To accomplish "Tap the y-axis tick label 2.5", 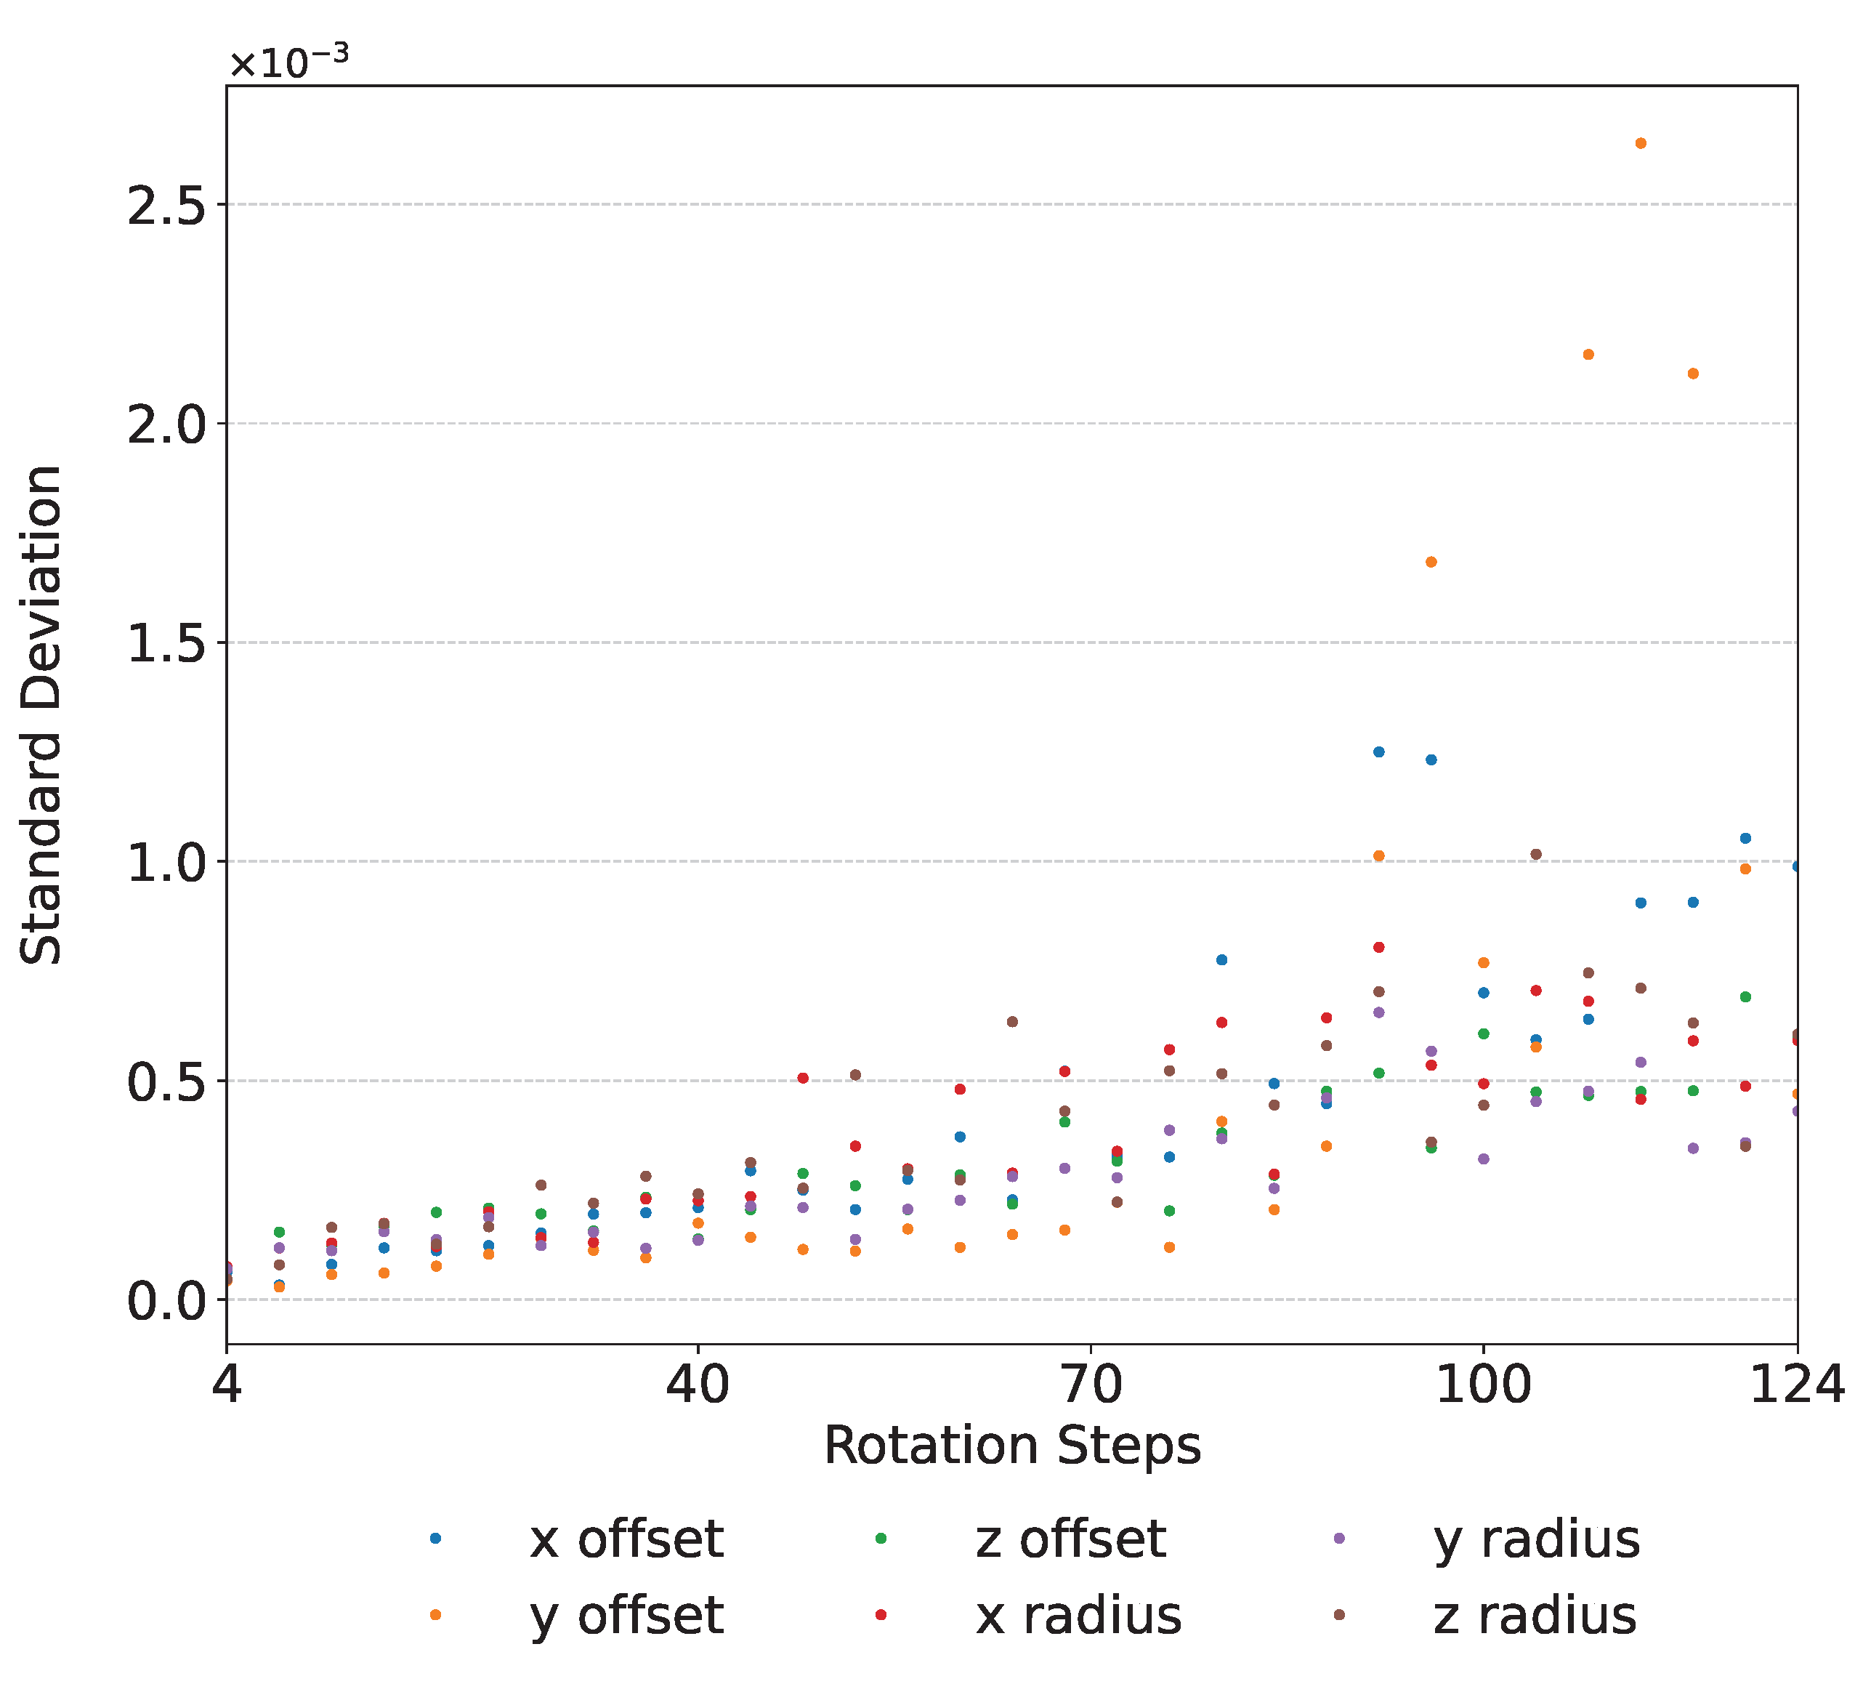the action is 166,205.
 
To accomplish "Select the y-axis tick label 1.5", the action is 166,643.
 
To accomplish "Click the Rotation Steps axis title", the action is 1012,1446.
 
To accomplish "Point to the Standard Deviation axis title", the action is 41,715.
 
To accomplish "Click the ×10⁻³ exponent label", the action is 289,61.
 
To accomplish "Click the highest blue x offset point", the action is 1379,752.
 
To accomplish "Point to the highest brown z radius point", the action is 1536,854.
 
